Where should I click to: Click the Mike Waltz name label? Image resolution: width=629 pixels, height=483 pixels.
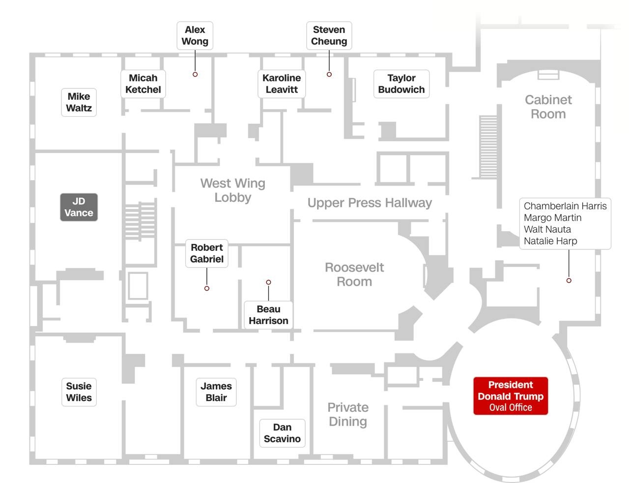[79, 102]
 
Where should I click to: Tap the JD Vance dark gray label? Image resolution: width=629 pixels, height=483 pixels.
[79, 207]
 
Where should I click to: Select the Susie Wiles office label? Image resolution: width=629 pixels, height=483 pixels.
[79, 392]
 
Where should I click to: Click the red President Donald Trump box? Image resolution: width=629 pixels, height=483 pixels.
[510, 396]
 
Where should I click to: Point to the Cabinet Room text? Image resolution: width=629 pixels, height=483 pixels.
[548, 107]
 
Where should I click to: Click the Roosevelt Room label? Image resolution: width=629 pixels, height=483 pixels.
[354, 274]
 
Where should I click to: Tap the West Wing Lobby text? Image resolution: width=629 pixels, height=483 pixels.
[233, 190]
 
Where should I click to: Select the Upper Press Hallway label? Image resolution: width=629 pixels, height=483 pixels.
[370, 203]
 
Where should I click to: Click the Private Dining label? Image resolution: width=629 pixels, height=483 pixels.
[348, 414]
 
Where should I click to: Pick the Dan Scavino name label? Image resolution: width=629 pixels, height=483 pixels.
[282, 433]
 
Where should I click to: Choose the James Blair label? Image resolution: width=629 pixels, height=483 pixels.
[216, 392]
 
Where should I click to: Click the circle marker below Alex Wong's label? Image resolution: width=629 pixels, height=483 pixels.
[195, 74]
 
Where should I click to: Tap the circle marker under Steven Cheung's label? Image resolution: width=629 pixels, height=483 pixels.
[329, 74]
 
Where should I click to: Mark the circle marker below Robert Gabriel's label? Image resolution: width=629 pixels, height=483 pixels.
[207, 288]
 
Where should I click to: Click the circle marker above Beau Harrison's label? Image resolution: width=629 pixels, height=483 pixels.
[268, 282]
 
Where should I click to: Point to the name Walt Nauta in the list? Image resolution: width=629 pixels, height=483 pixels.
[547, 229]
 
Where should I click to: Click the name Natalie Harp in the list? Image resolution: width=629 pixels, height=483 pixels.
[550, 241]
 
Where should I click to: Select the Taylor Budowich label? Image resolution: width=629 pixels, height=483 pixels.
[401, 84]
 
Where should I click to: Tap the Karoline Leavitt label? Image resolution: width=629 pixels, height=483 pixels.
[282, 84]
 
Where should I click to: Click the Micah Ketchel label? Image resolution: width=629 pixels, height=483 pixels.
[143, 84]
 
